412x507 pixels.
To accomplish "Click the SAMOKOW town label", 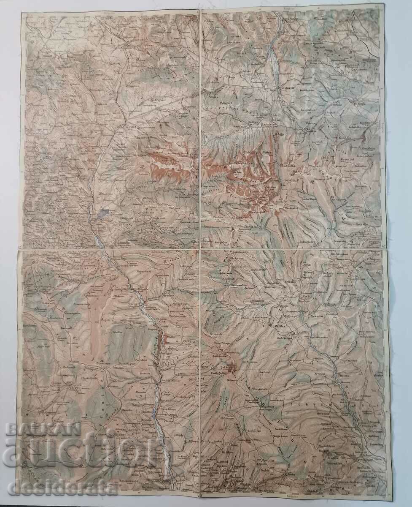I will [x=288, y=88].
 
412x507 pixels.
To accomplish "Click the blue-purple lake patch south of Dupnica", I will [x=105, y=214].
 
